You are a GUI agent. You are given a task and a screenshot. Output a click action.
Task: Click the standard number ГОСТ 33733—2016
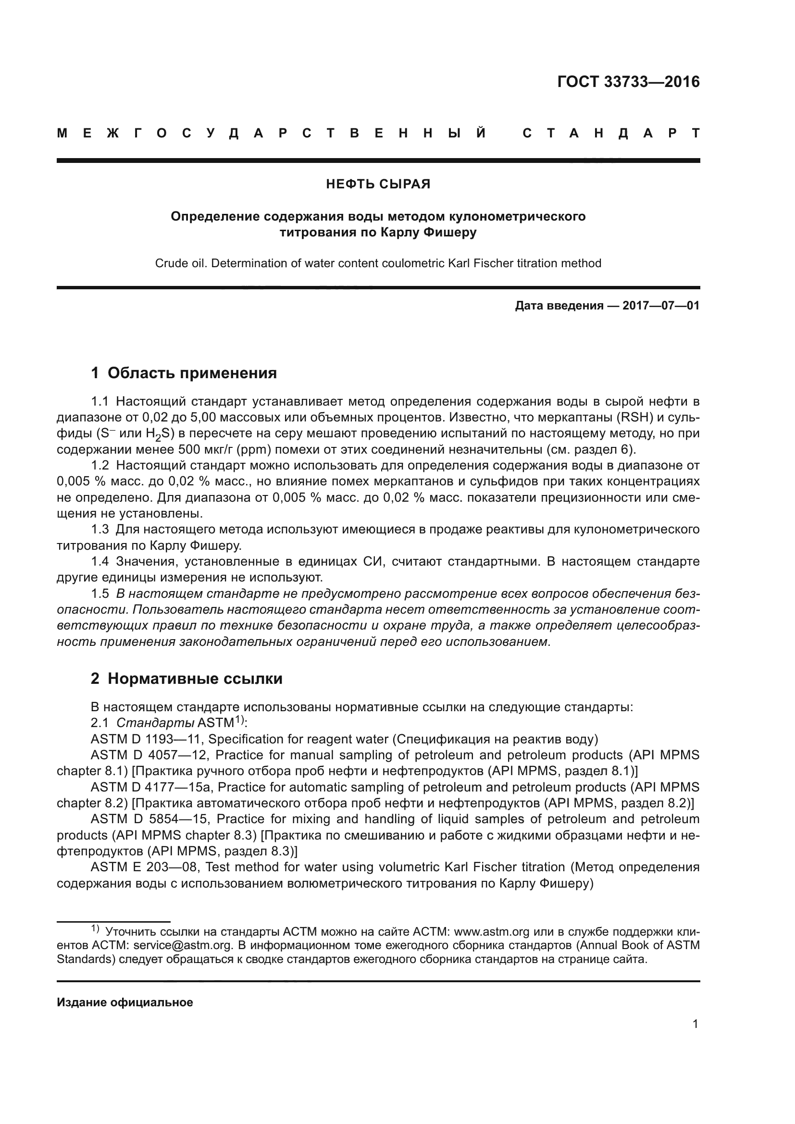click(628, 82)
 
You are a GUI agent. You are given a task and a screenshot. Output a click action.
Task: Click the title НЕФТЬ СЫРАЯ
click(378, 184)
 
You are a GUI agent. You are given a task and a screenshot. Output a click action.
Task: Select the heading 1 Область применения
click(184, 373)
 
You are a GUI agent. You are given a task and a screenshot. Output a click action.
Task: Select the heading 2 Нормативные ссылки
click(186, 679)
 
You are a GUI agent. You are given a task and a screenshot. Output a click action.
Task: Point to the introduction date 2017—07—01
click(660, 306)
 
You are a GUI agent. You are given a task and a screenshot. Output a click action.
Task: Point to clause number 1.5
click(100, 594)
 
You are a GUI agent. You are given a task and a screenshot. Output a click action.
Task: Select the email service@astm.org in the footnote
click(183, 945)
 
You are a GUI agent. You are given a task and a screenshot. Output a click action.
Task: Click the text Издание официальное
click(125, 1002)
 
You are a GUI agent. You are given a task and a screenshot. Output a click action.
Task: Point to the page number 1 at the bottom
click(695, 1024)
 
